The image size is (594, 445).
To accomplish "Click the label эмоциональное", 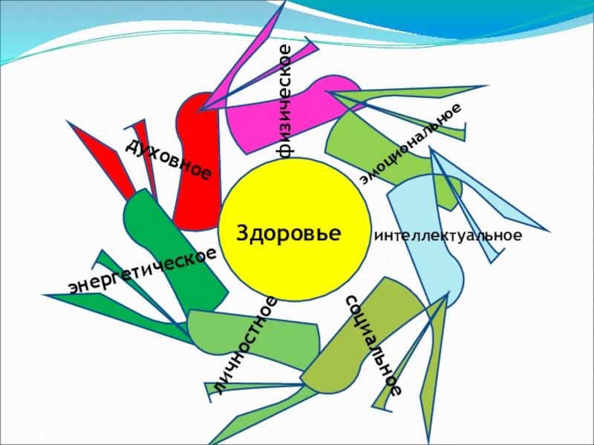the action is click(x=410, y=144).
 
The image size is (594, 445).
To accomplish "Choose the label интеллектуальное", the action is click(x=448, y=236).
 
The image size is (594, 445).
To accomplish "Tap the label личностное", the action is click(x=246, y=344).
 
